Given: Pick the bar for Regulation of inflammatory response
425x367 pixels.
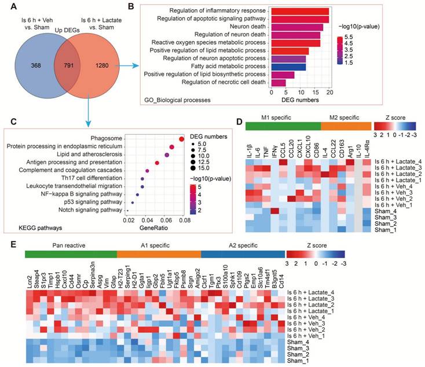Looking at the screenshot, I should click(x=300, y=11).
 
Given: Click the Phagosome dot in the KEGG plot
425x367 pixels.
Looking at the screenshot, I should click(x=182, y=139).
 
